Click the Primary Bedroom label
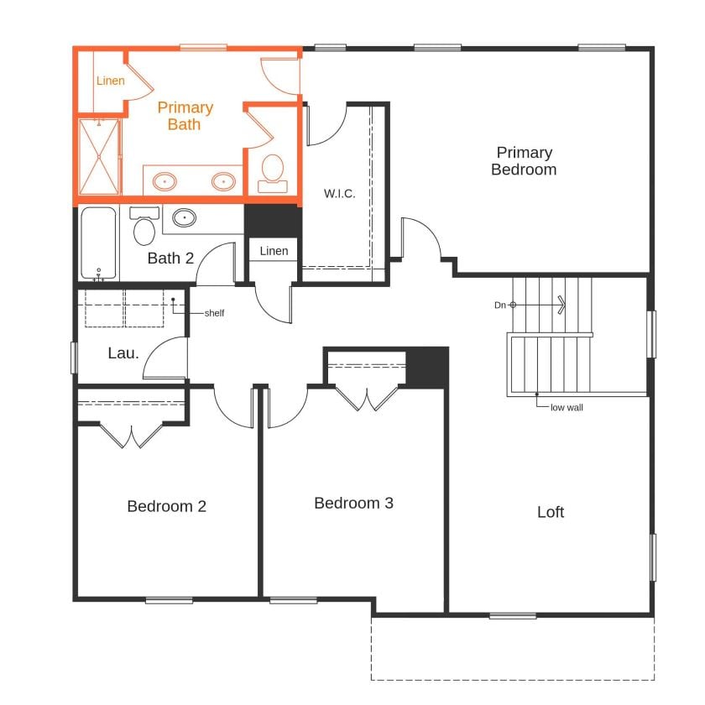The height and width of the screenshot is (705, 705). coord(524,161)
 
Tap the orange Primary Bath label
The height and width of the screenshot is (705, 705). coord(185,116)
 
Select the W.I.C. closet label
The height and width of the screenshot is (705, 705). coord(340,194)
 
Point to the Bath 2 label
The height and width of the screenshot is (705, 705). coord(170,258)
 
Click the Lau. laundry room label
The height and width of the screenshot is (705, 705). coord(123,353)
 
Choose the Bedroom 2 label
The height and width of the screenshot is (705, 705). coord(166,506)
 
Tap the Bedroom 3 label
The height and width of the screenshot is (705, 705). coord(353,503)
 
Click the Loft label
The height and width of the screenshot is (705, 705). coord(551,512)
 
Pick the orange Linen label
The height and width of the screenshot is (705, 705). coord(110,81)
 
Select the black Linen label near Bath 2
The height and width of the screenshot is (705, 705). coord(274,251)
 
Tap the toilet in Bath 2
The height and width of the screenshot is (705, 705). coord(144,226)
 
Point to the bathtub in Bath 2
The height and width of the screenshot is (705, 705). coord(99,243)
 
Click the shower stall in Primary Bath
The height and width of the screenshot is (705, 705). coord(100,157)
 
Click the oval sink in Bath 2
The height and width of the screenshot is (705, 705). coord(185,219)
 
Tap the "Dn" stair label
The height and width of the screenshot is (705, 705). coord(499,305)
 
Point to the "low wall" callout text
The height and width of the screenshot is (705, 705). coord(567,408)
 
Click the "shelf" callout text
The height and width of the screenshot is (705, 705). coord(214,313)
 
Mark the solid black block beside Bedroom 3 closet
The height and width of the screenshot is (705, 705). coord(427,367)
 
